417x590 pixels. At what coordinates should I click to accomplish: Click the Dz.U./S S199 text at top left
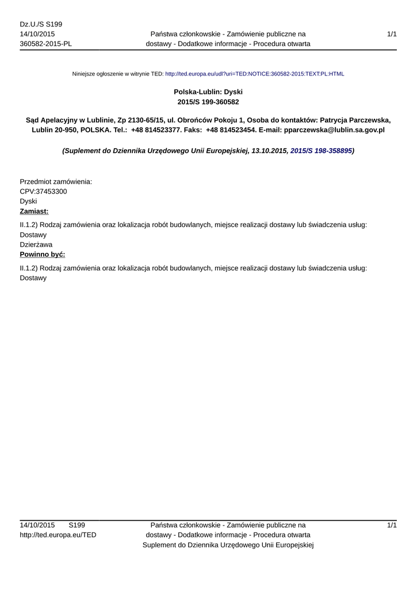pos(41,24)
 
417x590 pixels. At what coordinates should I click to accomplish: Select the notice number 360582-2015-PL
pos(45,44)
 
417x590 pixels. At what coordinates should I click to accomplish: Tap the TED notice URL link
pos(254,74)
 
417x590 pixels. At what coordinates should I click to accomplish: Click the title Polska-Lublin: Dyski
pos(208,92)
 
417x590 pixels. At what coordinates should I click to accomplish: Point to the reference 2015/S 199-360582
pos(208,101)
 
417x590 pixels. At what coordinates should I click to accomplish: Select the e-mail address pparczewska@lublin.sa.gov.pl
pos(334,130)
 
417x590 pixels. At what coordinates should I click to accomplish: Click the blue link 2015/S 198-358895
pos(321,150)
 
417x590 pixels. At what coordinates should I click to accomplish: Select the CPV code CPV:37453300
pos(43,191)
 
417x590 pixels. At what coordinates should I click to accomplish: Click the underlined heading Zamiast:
pos(34,211)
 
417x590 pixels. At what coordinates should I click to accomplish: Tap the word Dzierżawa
pos(36,244)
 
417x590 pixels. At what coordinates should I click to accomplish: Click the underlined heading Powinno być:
pos(42,254)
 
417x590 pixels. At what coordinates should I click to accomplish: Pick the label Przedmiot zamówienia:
pos(56,181)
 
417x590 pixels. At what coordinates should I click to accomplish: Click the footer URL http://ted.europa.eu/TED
pos(58,535)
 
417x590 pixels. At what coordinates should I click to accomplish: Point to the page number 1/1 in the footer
pos(392,525)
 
